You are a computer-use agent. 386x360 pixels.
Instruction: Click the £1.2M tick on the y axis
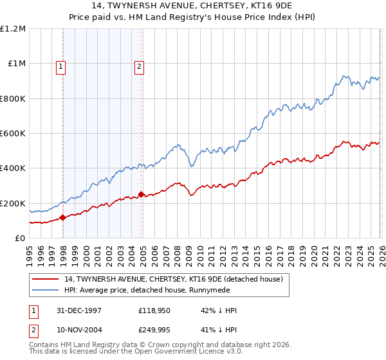coord(12,29)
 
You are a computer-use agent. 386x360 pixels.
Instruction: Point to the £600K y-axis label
coord(12,134)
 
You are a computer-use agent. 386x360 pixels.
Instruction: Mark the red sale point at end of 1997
coord(63,218)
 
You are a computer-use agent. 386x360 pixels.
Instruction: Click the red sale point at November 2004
coord(141,194)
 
